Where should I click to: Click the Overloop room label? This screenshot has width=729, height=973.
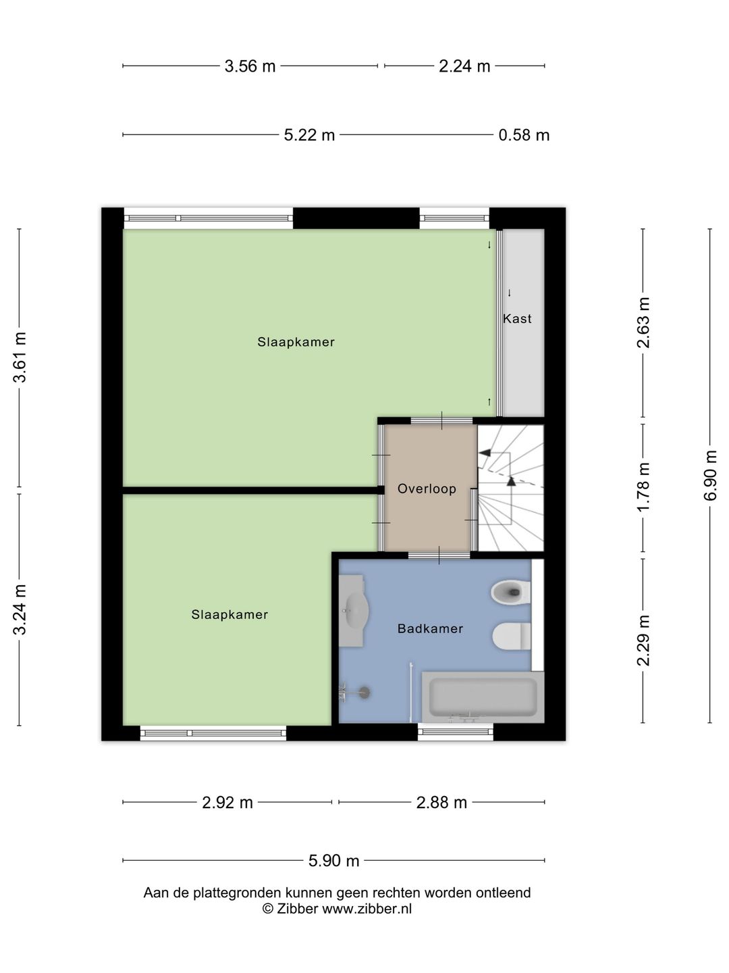point(427,489)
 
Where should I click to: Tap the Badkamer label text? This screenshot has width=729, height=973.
point(430,629)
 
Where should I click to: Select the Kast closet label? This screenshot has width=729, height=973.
point(517,319)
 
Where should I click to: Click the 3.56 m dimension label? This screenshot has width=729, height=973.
point(250,66)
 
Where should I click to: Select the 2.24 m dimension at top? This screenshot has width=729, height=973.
point(464,66)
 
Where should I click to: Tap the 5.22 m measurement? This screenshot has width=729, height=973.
point(309,135)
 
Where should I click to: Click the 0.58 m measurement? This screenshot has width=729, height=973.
point(524,135)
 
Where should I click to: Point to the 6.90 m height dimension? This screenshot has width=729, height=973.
point(710,476)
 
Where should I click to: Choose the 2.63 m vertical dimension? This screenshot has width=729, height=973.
point(643,323)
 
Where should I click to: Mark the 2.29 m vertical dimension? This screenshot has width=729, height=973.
point(643,641)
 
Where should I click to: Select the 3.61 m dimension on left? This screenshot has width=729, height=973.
point(20,358)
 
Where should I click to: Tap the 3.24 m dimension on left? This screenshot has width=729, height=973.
point(20,609)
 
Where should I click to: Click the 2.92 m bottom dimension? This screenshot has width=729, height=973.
point(227,803)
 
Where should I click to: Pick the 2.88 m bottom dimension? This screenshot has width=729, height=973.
point(441,803)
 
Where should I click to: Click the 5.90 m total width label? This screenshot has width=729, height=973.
point(334,861)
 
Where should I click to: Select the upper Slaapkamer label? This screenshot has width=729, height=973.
point(296,342)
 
